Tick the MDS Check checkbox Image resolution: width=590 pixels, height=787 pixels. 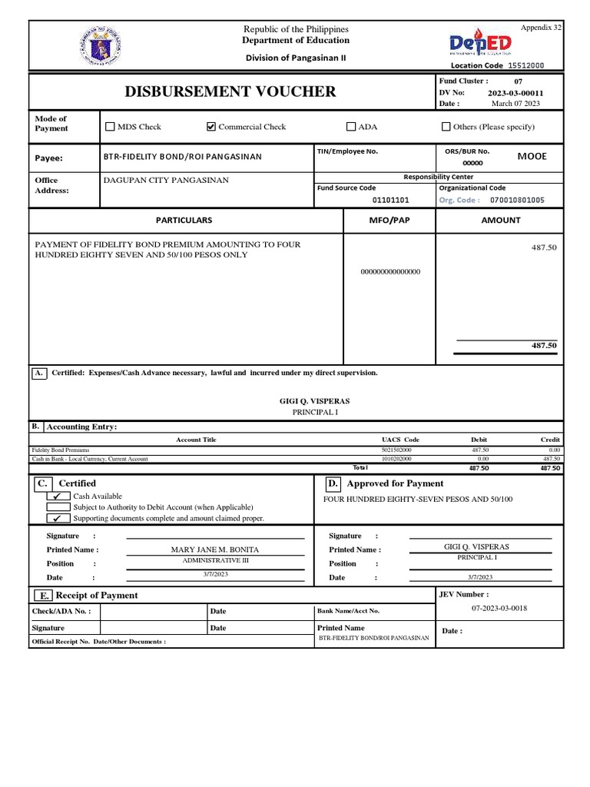pyautogui.click(x=110, y=127)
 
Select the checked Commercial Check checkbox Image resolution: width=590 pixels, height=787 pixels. pyautogui.click(x=211, y=127)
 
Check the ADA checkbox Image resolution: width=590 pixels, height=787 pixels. pyautogui.click(x=351, y=127)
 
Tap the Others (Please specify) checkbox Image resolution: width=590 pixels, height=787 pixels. pyautogui.click(x=446, y=127)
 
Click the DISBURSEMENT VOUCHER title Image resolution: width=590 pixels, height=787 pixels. pyautogui.click(x=230, y=92)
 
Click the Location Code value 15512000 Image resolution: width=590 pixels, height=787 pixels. pyautogui.click(x=526, y=65)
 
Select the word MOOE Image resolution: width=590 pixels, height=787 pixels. pyautogui.click(x=532, y=156)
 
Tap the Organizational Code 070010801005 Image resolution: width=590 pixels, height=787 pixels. pyautogui.click(x=517, y=200)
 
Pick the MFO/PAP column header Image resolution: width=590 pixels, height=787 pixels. pyautogui.click(x=389, y=221)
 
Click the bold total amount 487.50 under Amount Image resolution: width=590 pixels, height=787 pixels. pyautogui.click(x=544, y=346)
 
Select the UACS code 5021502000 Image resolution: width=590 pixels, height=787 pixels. pyautogui.click(x=396, y=450)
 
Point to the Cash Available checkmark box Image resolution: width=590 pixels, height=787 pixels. pyautogui.click(x=58, y=496)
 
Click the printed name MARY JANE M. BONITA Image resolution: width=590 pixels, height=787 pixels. pyautogui.click(x=214, y=550)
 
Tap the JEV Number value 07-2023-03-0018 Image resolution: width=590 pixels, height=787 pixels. pyautogui.click(x=499, y=608)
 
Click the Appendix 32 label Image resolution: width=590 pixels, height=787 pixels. pyautogui.click(x=541, y=27)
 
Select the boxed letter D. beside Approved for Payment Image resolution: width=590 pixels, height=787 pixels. pyautogui.click(x=333, y=483)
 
